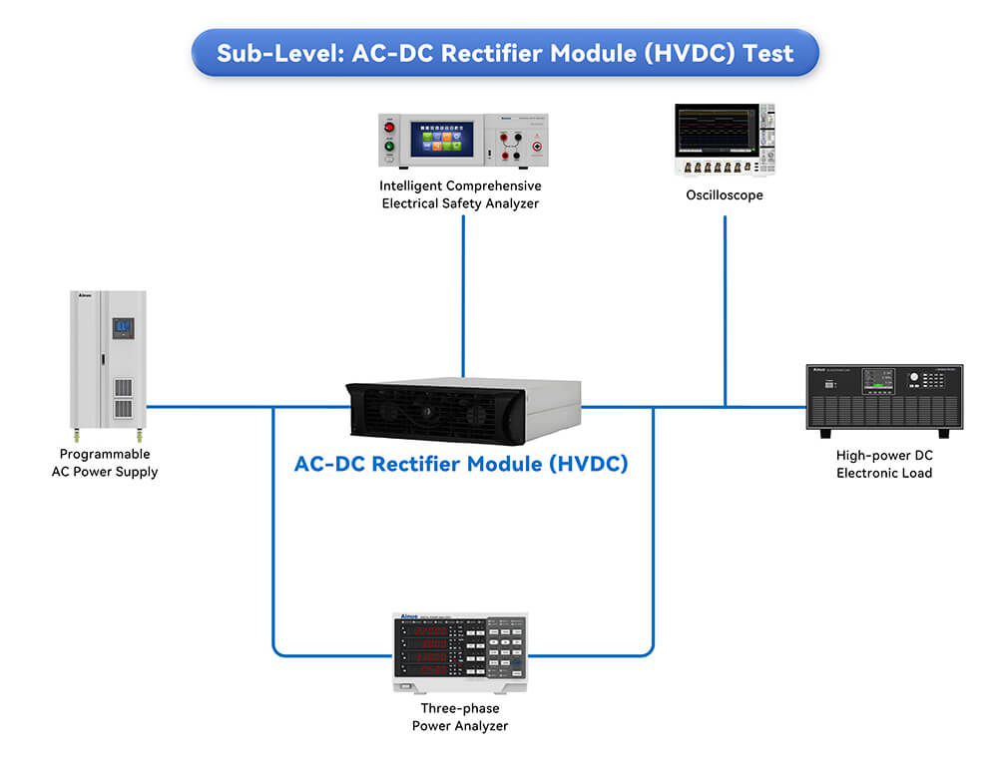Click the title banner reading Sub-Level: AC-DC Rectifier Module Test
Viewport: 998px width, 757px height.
coord(505,52)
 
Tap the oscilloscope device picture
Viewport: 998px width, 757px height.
coord(725,141)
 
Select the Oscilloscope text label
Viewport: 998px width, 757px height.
coord(725,195)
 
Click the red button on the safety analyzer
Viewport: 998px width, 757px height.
coord(391,128)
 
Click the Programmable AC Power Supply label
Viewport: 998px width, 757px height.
coord(105,463)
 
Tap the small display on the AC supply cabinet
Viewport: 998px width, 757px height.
coord(123,328)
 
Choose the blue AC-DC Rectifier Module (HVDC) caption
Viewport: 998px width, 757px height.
coord(461,464)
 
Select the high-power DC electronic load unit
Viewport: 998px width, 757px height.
coord(884,398)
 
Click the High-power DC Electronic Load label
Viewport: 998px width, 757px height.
coord(884,464)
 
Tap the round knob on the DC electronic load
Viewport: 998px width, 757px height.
coord(914,377)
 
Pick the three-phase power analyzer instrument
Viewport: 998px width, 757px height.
coord(460,652)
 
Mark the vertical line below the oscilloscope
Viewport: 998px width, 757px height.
coord(725,309)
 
